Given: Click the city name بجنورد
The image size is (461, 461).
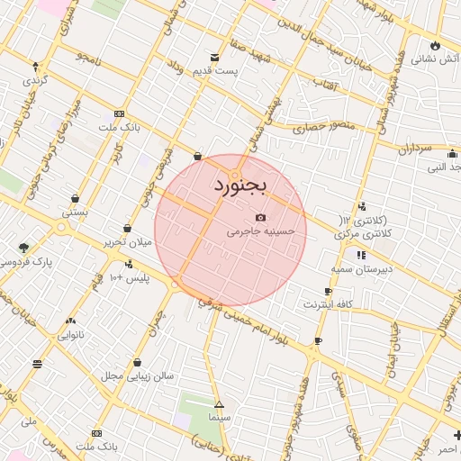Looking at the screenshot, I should pyautogui.click(x=240, y=185).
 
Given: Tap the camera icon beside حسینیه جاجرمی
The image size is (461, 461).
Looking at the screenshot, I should pyautogui.click(x=261, y=217).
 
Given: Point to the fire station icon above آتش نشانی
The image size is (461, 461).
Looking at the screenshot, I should pyautogui.click(x=437, y=44).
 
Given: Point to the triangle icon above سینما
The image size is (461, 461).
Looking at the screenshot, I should pyautogui.click(x=219, y=404).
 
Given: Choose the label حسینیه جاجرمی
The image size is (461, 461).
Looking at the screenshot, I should pyautogui.click(x=261, y=231).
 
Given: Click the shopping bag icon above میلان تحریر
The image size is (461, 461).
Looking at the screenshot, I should pyautogui.click(x=127, y=229).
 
